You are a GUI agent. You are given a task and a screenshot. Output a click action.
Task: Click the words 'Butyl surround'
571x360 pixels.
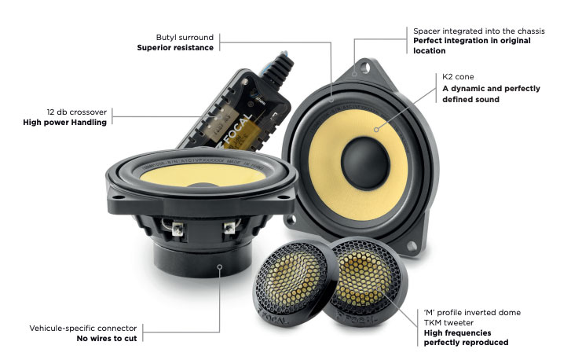185,37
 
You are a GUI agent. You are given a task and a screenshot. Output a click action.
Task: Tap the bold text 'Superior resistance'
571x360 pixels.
175,47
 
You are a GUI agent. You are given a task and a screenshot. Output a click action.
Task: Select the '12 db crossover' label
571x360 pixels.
76,112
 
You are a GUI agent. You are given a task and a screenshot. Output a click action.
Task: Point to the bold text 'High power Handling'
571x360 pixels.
65,122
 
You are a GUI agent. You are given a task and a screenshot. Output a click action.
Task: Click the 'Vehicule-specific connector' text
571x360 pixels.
83,328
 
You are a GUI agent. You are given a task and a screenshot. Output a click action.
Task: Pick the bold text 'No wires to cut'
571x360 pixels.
107,338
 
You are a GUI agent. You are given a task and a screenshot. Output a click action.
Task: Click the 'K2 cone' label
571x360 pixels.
458,76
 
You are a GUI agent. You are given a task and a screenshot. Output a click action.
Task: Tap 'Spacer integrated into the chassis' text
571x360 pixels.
479,31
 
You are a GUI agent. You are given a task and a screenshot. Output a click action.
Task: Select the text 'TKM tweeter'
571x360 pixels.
448,322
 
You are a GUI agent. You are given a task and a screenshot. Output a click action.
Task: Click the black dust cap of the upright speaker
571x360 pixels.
365,163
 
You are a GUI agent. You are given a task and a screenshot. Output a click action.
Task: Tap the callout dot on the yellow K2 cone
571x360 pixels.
376,130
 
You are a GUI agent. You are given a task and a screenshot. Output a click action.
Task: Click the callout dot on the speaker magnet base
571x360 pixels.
220,266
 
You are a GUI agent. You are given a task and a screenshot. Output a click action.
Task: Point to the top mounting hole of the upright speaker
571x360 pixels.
365,68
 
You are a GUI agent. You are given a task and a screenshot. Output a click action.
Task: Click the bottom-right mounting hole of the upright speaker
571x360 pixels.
412,247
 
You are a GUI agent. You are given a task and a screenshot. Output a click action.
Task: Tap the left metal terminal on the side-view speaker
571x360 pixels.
178,229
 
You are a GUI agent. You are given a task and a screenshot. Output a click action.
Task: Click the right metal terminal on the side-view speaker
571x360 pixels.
229,228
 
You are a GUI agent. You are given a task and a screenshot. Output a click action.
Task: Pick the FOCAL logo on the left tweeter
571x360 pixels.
273,316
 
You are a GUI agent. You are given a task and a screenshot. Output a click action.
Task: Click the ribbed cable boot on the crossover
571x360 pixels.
279,68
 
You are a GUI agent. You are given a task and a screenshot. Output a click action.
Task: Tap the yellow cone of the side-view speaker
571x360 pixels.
203,175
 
